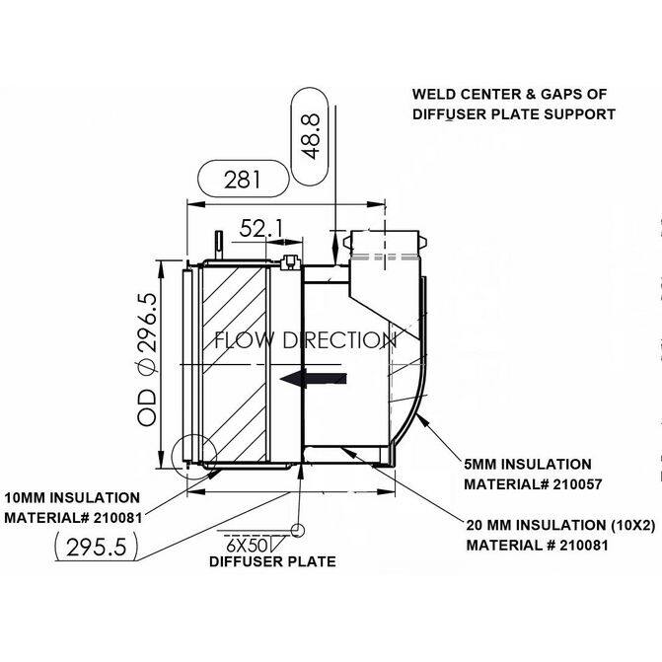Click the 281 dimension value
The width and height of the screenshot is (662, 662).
click(x=243, y=179)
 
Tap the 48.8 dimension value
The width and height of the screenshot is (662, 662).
click(x=311, y=136)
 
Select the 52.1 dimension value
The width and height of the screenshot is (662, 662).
click(x=260, y=229)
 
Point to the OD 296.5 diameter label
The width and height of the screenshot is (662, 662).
click(x=147, y=360)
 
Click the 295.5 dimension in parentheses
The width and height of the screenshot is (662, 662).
click(x=97, y=548)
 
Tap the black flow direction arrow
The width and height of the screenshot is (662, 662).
click(x=314, y=378)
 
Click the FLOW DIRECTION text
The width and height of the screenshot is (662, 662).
click(x=306, y=340)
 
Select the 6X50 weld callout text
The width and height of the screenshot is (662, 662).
click(x=247, y=546)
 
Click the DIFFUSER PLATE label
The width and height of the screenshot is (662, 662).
click(x=272, y=561)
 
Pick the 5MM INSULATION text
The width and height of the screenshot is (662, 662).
click(x=528, y=465)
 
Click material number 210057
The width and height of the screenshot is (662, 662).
click(x=577, y=484)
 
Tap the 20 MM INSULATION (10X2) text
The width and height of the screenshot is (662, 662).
click(x=560, y=525)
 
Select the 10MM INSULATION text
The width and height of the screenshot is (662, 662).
click(x=72, y=498)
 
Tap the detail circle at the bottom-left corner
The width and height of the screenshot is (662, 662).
click(x=194, y=457)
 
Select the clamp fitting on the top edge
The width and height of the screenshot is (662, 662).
click(x=290, y=261)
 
